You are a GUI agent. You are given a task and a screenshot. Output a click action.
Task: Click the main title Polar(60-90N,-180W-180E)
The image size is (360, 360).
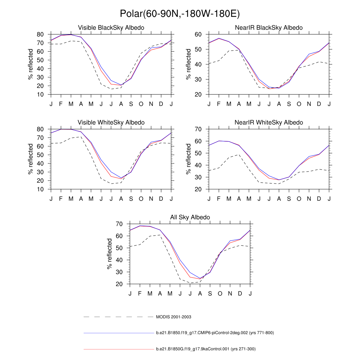[180, 14]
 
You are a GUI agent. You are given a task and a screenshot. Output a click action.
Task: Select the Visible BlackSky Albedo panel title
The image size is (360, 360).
[111, 27]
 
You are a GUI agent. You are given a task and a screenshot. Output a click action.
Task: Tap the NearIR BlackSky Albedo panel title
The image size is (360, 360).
[269, 27]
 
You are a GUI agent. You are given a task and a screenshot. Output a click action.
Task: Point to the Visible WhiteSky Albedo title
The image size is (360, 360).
[111, 122]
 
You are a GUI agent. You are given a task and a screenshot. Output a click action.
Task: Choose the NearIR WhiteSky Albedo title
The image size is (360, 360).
[269, 122]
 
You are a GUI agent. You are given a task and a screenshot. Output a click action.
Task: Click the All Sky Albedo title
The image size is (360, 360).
[190, 217]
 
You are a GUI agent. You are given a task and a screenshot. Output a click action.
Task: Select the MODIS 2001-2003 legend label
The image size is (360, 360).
[173, 317]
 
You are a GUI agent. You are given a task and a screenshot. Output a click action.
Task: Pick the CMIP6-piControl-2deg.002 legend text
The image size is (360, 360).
[214, 333]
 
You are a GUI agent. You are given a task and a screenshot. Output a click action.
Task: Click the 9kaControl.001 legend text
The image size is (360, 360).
[206, 349]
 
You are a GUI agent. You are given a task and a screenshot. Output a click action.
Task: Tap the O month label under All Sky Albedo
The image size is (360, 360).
[220, 294]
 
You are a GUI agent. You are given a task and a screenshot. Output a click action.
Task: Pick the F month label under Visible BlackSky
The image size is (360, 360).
[61, 104]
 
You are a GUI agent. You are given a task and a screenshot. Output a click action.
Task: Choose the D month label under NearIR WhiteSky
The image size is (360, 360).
[319, 199]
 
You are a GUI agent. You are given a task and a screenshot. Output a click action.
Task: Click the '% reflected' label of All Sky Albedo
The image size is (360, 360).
[109, 254]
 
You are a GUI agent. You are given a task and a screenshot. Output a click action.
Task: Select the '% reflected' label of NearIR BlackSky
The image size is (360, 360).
[188, 64]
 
